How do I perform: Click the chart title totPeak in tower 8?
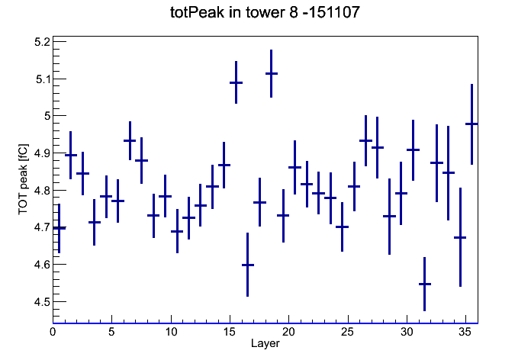tap(234, 12)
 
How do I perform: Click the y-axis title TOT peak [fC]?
tap(24, 179)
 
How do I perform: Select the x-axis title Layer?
tap(265, 343)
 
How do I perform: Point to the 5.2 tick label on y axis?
tap(42, 42)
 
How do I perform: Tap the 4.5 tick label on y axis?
tap(42, 301)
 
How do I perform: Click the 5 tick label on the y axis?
tap(47, 116)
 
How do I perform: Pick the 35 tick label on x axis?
tap(465, 332)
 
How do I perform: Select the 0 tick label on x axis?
tap(53, 332)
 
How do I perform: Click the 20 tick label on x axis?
tap(288, 332)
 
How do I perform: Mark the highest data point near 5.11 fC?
tap(272, 73)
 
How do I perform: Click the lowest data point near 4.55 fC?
tap(425, 284)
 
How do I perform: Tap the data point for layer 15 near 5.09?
tap(236, 82)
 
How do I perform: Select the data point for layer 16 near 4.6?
tap(247, 265)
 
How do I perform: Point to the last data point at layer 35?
tap(471, 124)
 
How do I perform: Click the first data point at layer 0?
tap(60, 228)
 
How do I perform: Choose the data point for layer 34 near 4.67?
tap(460, 237)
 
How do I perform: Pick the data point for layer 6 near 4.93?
tap(130, 140)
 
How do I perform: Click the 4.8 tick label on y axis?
tap(42, 191)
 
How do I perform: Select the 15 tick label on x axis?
tap(230, 332)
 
